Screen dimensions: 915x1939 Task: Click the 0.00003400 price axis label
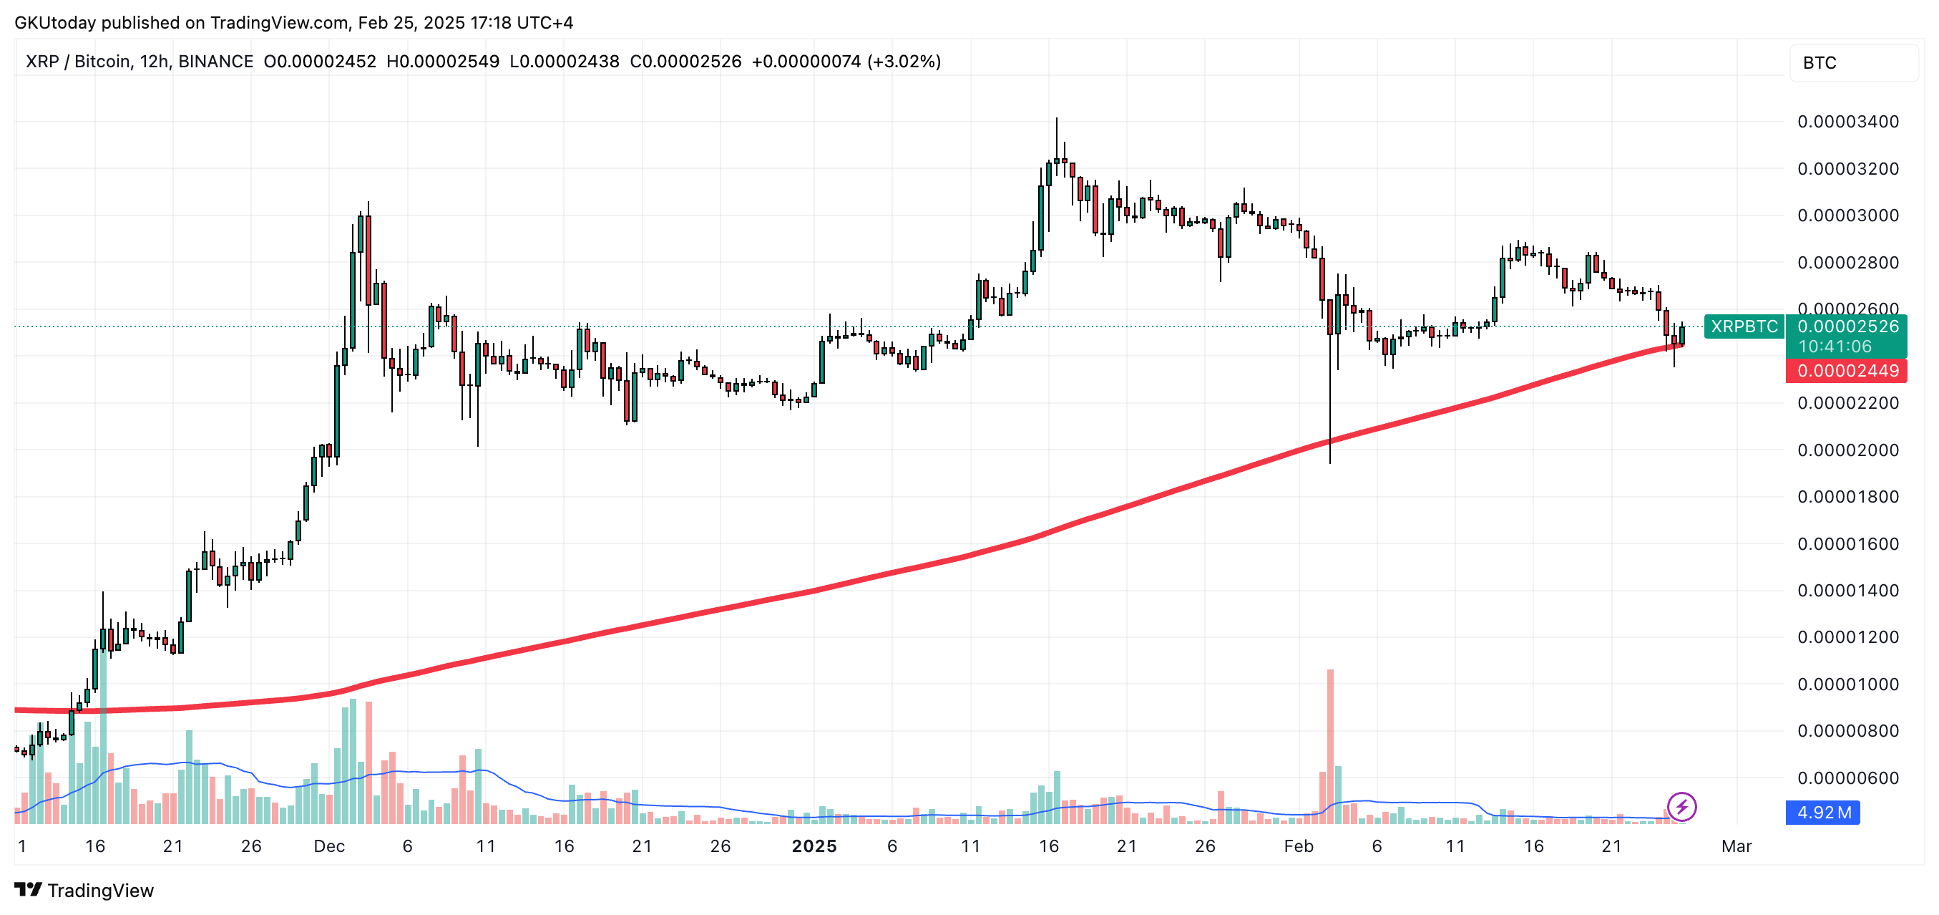click(x=1847, y=121)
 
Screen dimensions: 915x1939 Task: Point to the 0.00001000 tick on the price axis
click(x=1847, y=684)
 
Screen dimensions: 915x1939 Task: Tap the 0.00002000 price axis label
click(x=1847, y=450)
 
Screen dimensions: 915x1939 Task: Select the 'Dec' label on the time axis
click(x=329, y=846)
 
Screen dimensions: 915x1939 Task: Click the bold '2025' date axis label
click(x=814, y=846)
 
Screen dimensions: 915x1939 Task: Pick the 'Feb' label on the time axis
click(x=1299, y=846)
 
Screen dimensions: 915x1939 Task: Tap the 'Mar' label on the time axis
click(x=1736, y=846)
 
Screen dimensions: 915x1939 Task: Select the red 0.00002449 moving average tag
click(x=1847, y=371)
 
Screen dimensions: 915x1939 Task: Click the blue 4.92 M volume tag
click(x=1823, y=813)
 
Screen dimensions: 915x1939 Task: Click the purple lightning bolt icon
click(x=1681, y=807)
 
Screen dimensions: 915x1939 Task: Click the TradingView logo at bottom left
click(x=84, y=890)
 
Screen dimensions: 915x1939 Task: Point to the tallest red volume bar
click(x=1330, y=745)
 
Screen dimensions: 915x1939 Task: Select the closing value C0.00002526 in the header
click(x=685, y=62)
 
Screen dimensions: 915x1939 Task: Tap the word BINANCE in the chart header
click(x=215, y=62)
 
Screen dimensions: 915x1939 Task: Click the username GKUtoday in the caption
click(x=55, y=23)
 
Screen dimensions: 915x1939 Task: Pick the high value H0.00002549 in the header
click(x=443, y=62)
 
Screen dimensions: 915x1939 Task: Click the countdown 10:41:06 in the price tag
click(x=1835, y=347)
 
